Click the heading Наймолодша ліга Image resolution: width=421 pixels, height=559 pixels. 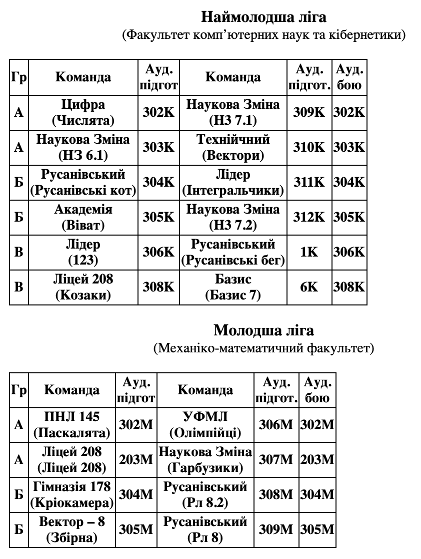(263, 17)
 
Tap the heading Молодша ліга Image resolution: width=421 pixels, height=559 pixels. (263, 330)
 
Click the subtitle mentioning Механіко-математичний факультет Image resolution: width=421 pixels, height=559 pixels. (263, 348)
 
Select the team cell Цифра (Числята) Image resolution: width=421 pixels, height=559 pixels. (83, 112)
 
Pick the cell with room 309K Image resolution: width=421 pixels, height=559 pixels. (309, 112)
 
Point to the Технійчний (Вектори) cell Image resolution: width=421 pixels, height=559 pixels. (233, 147)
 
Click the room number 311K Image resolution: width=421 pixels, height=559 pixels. (309, 182)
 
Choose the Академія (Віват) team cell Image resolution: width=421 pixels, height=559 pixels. (83, 217)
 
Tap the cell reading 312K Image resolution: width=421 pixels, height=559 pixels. (309, 217)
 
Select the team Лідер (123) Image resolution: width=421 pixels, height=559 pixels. (83, 252)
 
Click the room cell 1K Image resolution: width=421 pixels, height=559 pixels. (309, 252)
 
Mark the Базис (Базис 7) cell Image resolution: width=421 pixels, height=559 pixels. (233, 287)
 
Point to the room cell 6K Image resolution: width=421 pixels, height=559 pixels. (309, 287)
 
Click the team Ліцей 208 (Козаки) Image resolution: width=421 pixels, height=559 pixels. (83, 287)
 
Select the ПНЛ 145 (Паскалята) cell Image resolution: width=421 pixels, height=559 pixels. (72, 425)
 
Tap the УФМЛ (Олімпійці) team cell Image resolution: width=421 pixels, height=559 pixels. (205, 425)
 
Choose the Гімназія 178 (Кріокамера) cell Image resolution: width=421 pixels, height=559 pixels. (72, 494)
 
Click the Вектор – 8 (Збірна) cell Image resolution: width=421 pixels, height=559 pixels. (72, 530)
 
